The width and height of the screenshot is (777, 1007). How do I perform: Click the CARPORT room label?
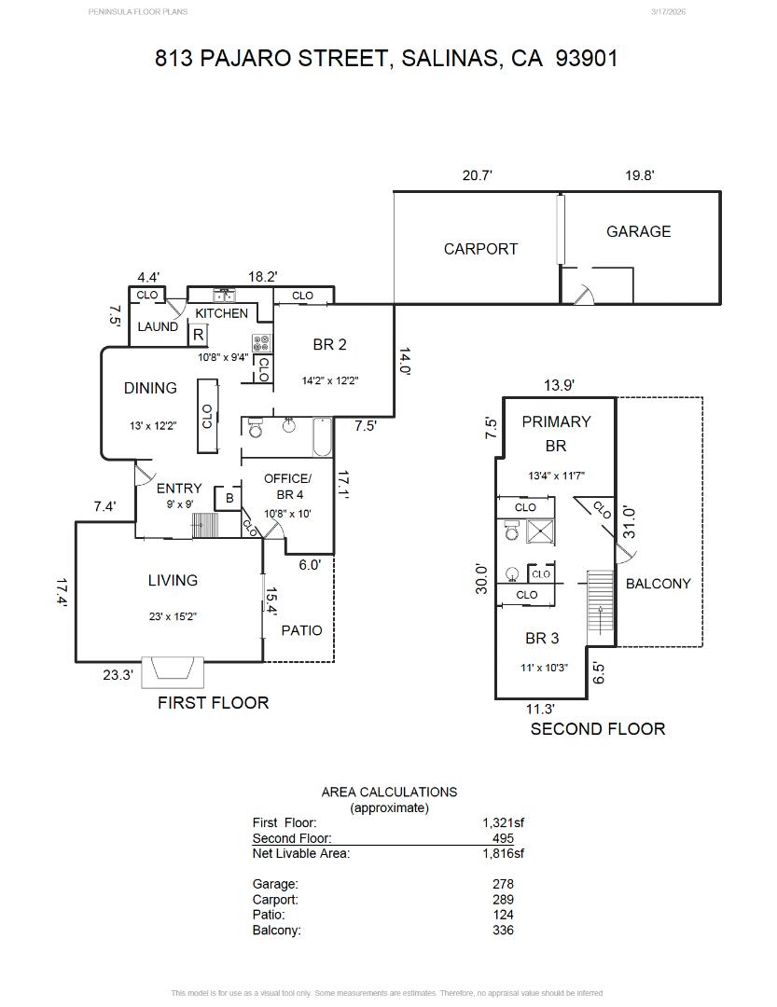[480, 249]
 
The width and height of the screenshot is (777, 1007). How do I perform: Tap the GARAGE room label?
[638, 231]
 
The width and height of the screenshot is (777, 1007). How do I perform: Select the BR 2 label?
[329, 345]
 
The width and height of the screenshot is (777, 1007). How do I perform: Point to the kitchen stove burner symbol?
[261, 342]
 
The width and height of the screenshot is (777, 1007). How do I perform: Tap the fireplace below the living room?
[173, 670]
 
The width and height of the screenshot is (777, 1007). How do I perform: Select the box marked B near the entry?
[229, 499]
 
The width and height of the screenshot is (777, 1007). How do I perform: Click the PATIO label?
[301, 630]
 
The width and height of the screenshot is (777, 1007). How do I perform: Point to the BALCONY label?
[658, 584]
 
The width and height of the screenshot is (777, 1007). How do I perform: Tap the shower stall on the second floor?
[540, 531]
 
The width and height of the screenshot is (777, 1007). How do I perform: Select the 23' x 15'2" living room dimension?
[173, 615]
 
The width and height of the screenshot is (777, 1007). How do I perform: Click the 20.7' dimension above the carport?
[477, 175]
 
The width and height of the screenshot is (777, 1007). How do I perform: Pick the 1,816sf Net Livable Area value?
[503, 853]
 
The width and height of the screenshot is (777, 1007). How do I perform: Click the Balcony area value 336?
[503, 930]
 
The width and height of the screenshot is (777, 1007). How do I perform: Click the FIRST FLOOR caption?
[213, 703]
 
